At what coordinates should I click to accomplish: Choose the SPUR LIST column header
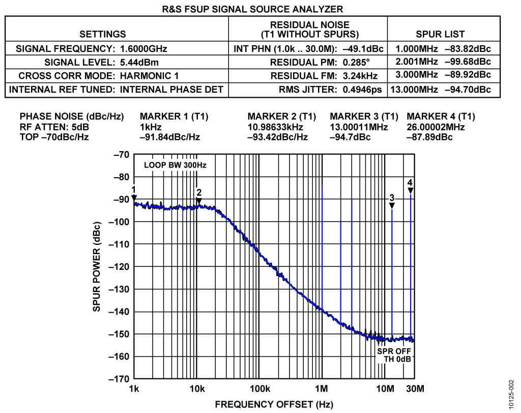(441, 34)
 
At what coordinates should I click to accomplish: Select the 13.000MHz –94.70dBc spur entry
(441, 90)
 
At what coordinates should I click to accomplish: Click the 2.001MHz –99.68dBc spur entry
(441, 62)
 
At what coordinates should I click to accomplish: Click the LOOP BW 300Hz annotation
(171, 166)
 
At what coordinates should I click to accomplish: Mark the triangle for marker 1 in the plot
(134, 198)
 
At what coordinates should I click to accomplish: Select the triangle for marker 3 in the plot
(392, 205)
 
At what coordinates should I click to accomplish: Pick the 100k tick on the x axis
(259, 390)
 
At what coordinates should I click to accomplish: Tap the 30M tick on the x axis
(414, 390)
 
